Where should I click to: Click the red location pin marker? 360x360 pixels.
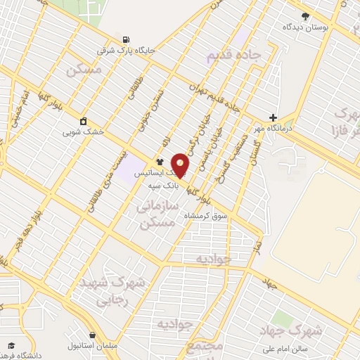pos(181,165)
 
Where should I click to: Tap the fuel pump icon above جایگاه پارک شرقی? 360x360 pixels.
pos(126,39)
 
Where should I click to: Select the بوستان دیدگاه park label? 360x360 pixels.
pos(307,27)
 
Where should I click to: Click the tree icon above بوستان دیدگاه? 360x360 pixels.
pos(304,16)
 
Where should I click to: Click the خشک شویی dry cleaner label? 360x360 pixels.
pos(83,131)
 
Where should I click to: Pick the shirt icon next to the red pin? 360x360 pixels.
pos(160,161)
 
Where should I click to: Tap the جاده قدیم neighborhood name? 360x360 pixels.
pos(235,55)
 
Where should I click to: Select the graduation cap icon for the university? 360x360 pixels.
pos(11,345)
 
